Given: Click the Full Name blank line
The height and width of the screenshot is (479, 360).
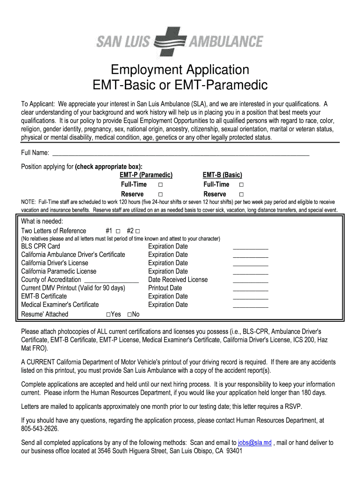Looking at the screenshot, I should [x=180, y=154].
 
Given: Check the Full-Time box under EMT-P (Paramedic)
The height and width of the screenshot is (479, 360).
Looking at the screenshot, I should [x=160, y=185].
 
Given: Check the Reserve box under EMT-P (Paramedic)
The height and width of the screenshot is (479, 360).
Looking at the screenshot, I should [x=160, y=194].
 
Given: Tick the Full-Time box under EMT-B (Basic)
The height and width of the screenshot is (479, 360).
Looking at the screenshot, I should [x=242, y=185].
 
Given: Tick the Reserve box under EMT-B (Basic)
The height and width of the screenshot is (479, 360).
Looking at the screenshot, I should [x=242, y=194].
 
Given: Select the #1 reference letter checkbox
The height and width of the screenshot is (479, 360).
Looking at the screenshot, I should [x=118, y=231].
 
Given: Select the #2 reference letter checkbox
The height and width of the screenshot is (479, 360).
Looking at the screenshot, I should [x=138, y=231].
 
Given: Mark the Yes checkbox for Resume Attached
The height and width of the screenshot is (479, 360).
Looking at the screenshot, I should [x=108, y=314].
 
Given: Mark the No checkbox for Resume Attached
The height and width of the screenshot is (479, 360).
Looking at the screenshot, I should [x=129, y=314].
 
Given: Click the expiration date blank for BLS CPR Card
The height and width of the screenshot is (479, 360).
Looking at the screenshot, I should [x=251, y=248].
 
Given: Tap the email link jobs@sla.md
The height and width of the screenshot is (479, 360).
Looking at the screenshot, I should [x=254, y=443].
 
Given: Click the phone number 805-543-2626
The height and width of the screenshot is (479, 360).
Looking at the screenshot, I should [x=40, y=429].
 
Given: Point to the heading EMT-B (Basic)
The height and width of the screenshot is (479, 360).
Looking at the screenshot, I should [x=222, y=175].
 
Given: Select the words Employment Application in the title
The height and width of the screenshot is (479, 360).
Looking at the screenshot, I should [x=180, y=70].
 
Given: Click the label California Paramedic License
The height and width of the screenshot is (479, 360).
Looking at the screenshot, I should [x=58, y=271].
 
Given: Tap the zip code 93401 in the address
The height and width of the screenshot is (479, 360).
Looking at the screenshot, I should [x=234, y=451].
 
